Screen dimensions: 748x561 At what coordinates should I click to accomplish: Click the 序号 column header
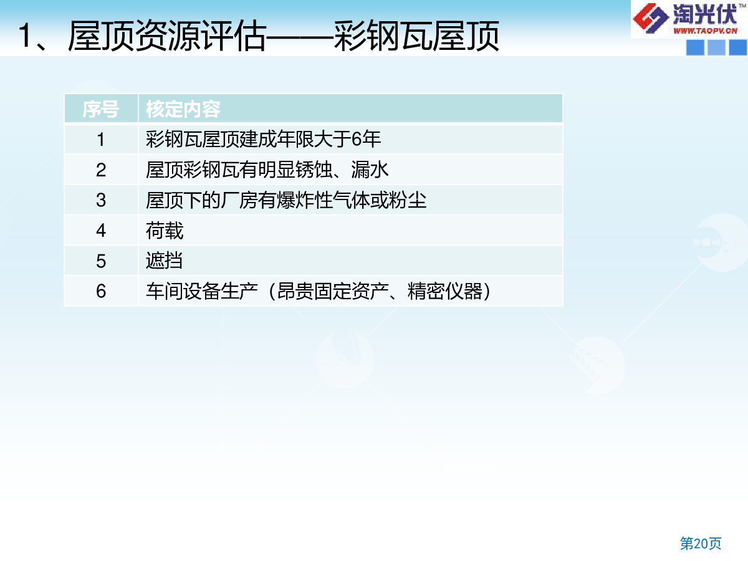101,109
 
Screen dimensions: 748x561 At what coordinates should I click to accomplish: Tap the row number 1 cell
101,139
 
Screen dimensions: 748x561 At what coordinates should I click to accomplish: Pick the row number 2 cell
101,170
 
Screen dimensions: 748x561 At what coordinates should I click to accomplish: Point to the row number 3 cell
101,200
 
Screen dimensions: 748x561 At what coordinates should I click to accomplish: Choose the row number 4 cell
101,230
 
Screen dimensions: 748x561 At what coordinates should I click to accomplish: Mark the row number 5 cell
101,261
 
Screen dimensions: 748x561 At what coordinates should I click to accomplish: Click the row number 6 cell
101,291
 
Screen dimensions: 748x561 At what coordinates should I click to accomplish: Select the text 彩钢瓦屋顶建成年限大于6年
263,139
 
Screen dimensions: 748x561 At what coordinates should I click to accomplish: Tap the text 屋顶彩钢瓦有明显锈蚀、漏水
267,170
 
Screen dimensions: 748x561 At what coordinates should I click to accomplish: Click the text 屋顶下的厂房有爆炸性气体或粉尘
286,200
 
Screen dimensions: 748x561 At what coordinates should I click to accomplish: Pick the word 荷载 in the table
165,230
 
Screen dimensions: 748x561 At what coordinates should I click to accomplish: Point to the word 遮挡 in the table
165,261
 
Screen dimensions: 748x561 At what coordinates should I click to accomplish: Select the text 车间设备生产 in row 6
202,291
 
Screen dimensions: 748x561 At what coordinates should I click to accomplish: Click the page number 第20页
701,543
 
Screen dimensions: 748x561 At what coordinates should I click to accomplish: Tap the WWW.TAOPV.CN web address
705,31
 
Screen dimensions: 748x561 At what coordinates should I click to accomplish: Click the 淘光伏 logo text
705,14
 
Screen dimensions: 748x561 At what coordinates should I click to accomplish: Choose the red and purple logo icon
650,18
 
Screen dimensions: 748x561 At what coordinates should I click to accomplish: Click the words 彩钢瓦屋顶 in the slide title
416,36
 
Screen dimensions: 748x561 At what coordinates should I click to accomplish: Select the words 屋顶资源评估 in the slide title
167,36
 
